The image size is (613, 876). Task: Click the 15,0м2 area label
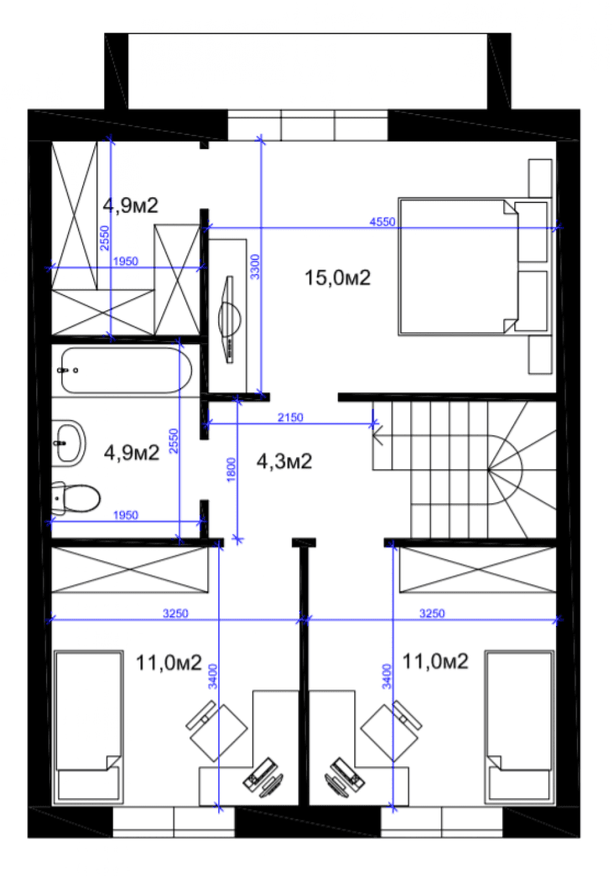click(x=337, y=278)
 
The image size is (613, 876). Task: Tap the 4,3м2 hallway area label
click(x=284, y=462)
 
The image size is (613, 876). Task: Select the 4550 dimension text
click(x=383, y=222)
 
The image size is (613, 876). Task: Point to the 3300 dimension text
click(x=254, y=267)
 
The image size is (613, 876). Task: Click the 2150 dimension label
click(x=290, y=417)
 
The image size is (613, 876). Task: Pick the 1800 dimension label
click(x=231, y=470)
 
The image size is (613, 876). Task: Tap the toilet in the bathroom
click(x=76, y=498)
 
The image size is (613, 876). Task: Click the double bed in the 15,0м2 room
click(x=475, y=267)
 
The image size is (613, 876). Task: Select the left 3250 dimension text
click(x=175, y=613)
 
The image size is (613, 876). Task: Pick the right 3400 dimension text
click(x=386, y=676)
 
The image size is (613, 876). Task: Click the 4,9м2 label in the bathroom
click(x=131, y=452)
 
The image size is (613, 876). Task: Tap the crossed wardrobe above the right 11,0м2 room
click(x=478, y=569)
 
